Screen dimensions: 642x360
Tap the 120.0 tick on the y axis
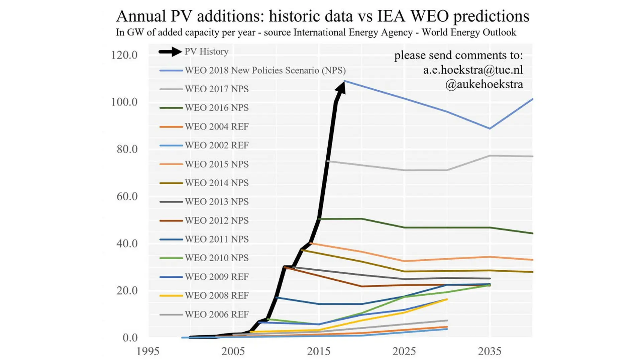coord(124,55)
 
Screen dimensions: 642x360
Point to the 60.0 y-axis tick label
coord(127,196)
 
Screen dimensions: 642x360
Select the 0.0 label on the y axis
coord(130,338)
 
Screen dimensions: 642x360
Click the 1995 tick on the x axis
coord(148,351)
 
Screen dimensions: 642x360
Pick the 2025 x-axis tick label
coord(404,351)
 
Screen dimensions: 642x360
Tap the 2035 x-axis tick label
coord(490,351)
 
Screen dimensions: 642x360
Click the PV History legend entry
coord(194,52)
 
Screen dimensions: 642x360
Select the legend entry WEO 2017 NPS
coord(204,89)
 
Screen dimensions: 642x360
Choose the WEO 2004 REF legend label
coord(204,127)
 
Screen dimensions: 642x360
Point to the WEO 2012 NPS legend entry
coord(204,220)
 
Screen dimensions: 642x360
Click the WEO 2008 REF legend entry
coord(204,296)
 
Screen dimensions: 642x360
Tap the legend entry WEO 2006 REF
coord(204,314)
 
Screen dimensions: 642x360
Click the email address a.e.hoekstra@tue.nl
coord(473,70)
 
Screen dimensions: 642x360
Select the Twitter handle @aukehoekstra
coord(484,84)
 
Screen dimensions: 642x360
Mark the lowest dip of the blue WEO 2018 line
coord(490,128)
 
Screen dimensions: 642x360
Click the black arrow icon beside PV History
coord(171,52)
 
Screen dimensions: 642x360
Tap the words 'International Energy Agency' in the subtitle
coord(353,32)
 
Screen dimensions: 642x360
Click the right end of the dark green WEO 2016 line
coord(532,233)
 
